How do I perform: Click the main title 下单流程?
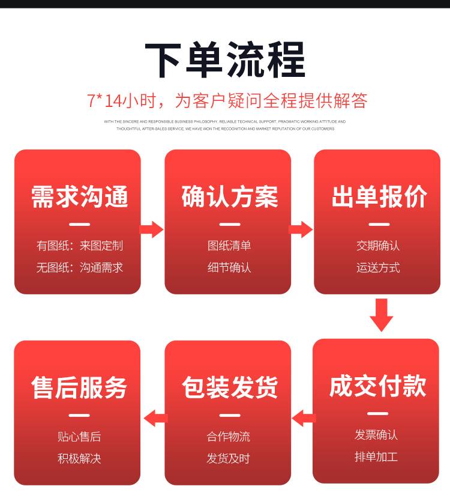tap(225, 60)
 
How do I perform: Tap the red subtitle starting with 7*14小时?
tap(227, 100)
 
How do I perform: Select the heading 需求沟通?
tap(79, 197)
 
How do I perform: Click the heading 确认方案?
tap(229, 197)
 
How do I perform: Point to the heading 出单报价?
tap(379, 197)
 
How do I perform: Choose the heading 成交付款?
tap(377, 386)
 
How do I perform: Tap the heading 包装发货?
tap(229, 387)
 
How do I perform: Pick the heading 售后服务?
tap(79, 387)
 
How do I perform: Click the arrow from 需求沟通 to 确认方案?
tap(152, 229)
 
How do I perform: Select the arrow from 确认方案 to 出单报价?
tap(302, 229)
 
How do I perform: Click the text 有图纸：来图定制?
tap(79, 246)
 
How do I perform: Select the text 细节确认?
tap(229, 268)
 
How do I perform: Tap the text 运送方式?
tap(378, 268)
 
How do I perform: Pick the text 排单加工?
tap(376, 457)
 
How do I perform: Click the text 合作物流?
tap(229, 437)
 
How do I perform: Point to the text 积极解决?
tap(79, 459)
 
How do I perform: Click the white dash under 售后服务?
tap(79, 415)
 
